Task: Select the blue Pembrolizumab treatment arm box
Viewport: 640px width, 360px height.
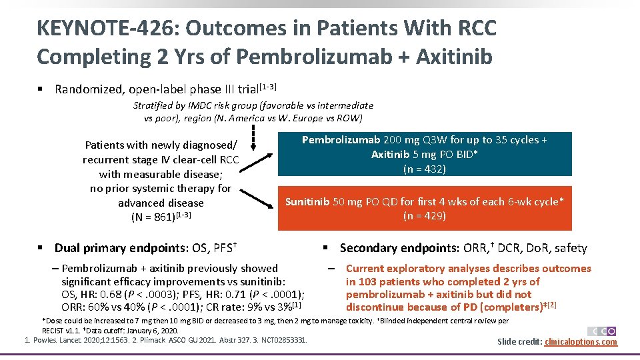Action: point(425,154)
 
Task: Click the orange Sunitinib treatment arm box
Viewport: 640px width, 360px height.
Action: point(425,208)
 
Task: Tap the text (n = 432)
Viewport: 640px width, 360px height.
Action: point(425,169)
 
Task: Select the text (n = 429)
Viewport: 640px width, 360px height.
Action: point(425,215)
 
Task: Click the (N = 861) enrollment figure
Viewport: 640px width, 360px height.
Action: point(153,217)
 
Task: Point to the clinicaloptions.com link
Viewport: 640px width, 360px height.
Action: point(581,342)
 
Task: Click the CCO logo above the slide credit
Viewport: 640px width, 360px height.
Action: point(602,331)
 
